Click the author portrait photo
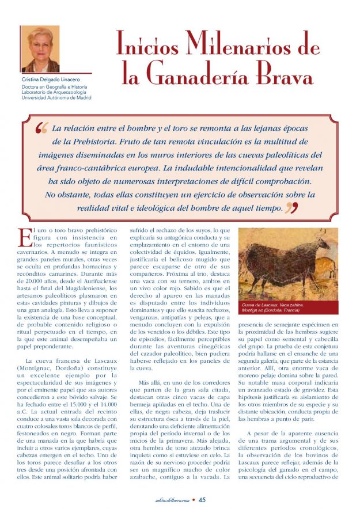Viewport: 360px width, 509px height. (40, 49)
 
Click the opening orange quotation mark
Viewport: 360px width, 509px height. (41, 129)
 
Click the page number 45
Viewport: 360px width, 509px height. (203, 500)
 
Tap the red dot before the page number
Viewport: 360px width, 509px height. (194, 500)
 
